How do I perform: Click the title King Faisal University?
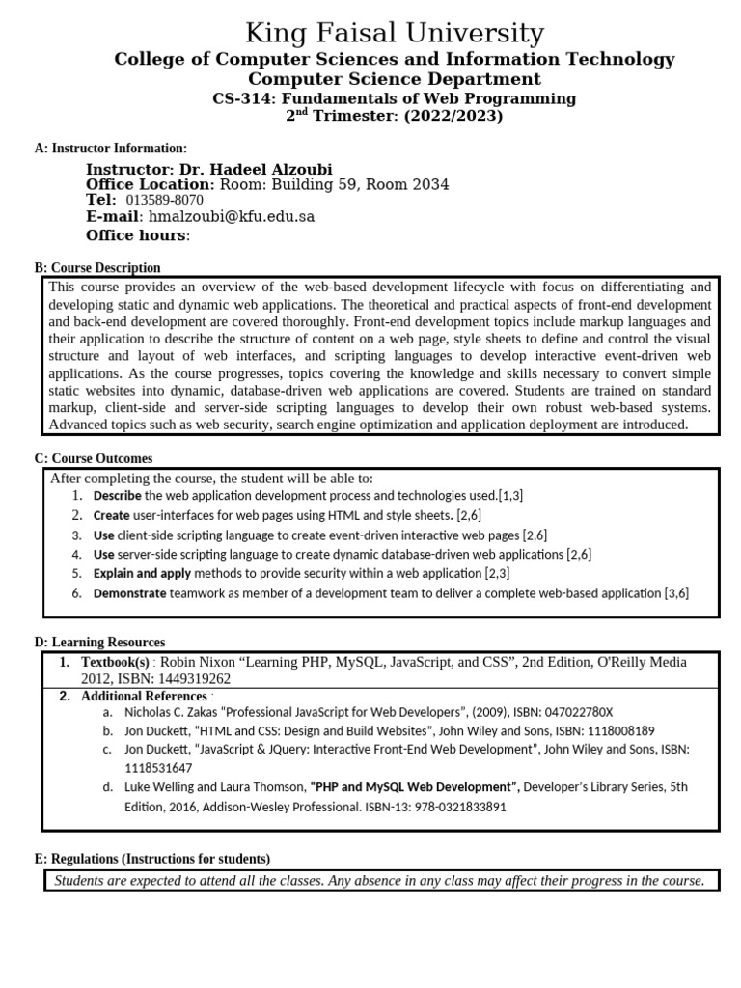pos(394,34)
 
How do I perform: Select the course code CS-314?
pos(240,98)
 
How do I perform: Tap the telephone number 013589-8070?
pos(165,201)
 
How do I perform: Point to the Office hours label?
pos(137,235)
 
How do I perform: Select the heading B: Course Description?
pos(97,267)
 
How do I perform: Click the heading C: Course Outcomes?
pos(94,458)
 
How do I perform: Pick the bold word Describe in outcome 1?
pos(117,495)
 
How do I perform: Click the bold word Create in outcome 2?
pos(111,515)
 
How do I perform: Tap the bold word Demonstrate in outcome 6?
pos(129,593)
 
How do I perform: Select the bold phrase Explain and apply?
pos(142,573)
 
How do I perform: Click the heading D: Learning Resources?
pos(99,642)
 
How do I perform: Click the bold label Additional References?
pos(144,696)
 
